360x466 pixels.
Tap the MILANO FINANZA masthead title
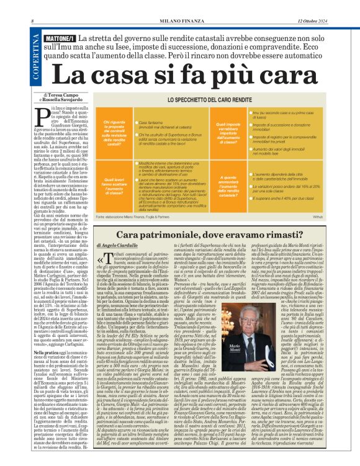pyautogui.click(x=181, y=6)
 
